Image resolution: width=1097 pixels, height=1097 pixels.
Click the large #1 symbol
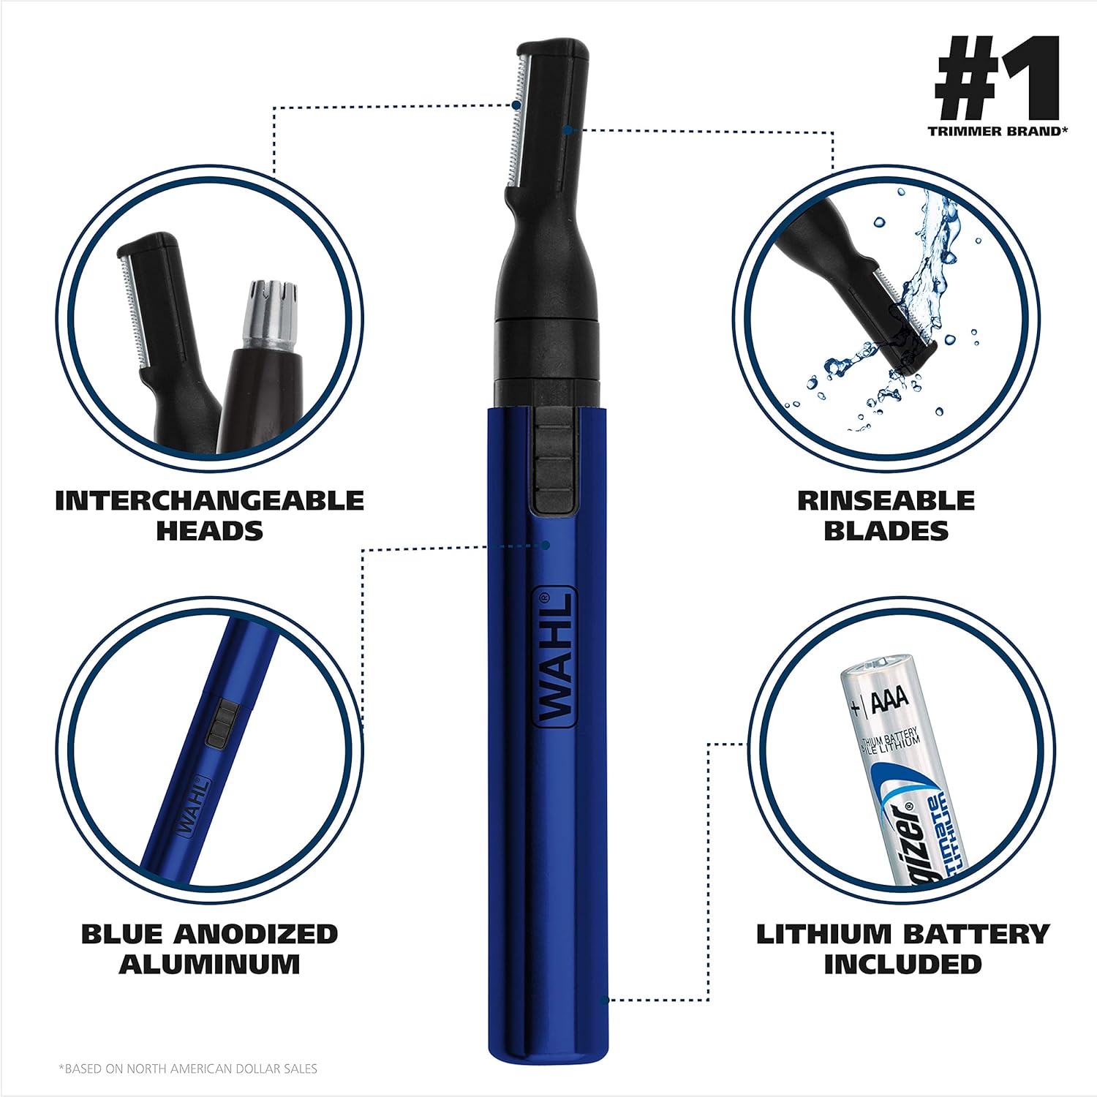[997, 78]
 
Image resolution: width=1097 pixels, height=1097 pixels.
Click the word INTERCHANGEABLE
[209, 501]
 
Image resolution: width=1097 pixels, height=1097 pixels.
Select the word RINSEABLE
[886, 501]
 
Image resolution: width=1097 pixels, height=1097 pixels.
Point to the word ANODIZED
[256, 934]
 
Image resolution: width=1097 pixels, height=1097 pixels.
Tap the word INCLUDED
[902, 964]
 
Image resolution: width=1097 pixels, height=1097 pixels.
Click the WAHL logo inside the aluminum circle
[192, 808]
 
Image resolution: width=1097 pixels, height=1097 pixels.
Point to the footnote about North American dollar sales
[188, 1068]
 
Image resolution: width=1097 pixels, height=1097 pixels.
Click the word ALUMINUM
[209, 964]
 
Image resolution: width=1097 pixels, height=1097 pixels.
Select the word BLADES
[886, 531]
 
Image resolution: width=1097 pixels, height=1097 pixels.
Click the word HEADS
[209, 531]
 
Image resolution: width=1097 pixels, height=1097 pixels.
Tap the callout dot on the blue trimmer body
[546, 545]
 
